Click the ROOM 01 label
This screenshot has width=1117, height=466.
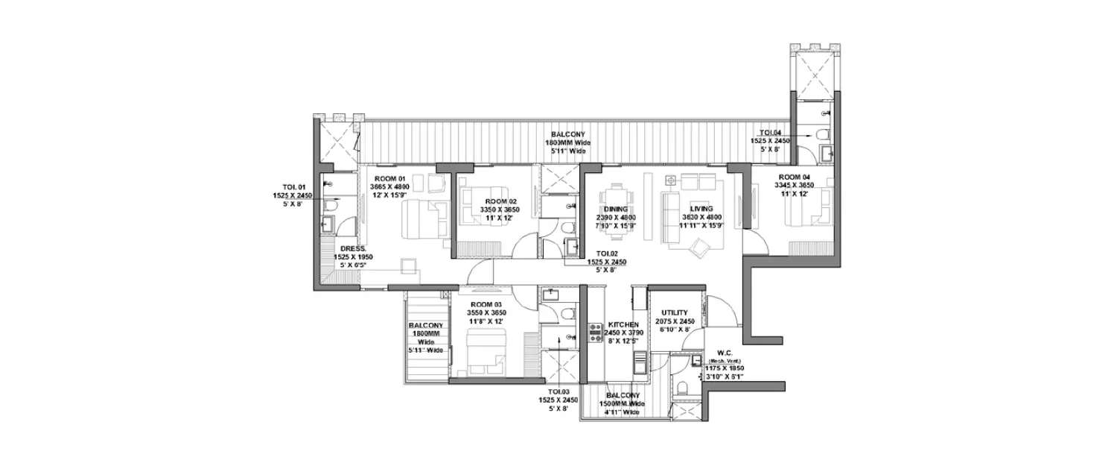pyautogui.click(x=389, y=177)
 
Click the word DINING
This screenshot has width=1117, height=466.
pyautogui.click(x=616, y=209)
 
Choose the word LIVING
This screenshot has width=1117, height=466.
pyautogui.click(x=701, y=209)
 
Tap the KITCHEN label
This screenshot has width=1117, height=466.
pyautogui.click(x=623, y=325)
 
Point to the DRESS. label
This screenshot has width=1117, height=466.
pyautogui.click(x=352, y=248)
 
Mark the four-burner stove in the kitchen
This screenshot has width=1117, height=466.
pyautogui.click(x=595, y=333)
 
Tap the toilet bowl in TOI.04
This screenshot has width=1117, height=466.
pyautogui.click(x=821, y=134)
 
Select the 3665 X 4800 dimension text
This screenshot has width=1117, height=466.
pyautogui.click(x=390, y=186)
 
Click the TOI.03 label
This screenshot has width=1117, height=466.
pyautogui.click(x=558, y=391)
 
